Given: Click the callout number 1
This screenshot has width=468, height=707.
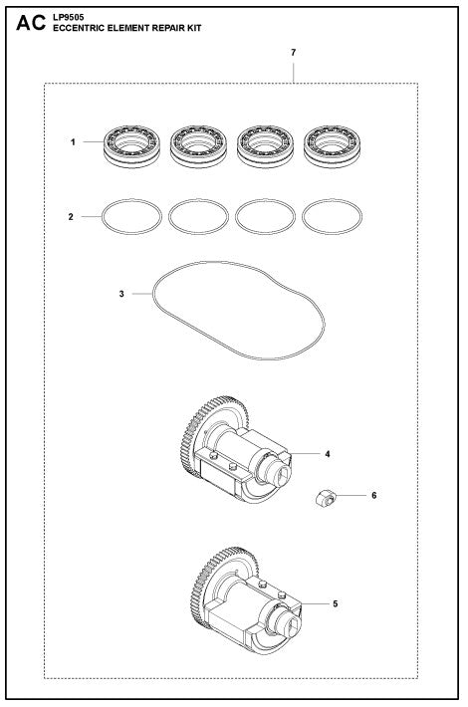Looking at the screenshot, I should pos(74,143).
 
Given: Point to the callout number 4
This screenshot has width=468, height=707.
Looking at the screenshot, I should pos(327,453).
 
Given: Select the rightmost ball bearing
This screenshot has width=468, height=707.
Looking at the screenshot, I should pos(330,142).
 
